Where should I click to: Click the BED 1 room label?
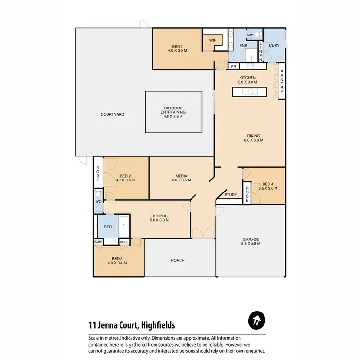click(176, 48)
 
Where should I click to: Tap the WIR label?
click(213, 41)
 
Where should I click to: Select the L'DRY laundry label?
click(274, 46)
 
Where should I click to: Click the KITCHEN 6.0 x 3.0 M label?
click(248, 80)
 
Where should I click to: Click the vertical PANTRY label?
click(282, 82)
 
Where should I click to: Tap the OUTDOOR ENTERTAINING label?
click(173, 112)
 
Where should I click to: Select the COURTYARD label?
click(113, 115)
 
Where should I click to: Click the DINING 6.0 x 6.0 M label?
click(253, 138)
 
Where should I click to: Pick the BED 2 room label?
click(125, 178)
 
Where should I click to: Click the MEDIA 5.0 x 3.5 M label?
click(181, 178)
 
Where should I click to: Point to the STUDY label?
click(231, 195)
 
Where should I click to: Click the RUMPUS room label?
click(159, 217)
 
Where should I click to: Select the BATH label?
click(108, 227)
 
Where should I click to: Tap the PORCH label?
click(178, 261)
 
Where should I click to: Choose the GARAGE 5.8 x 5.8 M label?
click(251, 241)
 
